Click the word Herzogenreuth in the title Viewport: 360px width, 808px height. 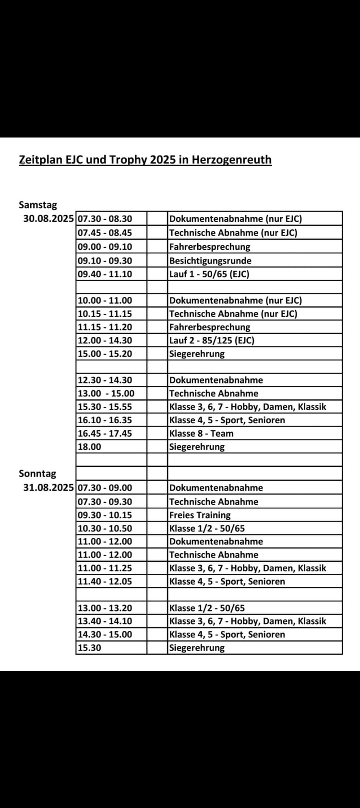click(232, 160)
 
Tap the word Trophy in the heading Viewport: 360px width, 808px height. click(128, 160)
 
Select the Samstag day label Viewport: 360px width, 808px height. click(38, 205)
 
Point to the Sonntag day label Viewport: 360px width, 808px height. click(37, 474)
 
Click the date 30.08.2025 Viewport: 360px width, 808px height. click(48, 219)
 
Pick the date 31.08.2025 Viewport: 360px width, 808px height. click(48, 487)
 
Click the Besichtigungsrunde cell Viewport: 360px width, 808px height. click(210, 261)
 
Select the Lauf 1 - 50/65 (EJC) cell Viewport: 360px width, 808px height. click(209, 274)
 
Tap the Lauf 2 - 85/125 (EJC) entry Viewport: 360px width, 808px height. click(212, 340)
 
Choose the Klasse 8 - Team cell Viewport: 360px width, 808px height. click(201, 433)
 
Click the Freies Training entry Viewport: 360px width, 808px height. click(200, 515)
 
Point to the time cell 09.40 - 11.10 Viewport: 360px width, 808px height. click(105, 274)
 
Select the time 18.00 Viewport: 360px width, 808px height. click(90, 447)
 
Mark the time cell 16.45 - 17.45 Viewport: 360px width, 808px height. click(105, 433)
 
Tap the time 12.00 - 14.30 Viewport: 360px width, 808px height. click(105, 340)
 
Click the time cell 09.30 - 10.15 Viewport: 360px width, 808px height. click(105, 515)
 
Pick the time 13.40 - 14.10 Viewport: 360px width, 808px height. click(105, 621)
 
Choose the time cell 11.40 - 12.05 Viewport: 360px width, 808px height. click(105, 581)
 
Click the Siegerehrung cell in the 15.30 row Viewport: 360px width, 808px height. click(197, 648)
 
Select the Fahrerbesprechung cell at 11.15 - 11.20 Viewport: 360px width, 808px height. click(210, 327)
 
